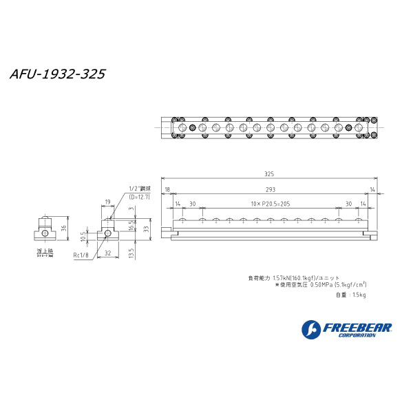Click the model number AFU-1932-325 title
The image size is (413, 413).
tap(58, 74)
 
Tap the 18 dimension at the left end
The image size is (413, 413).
tap(167, 189)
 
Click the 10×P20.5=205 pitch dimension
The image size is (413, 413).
tap(270, 204)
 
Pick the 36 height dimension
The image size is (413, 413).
tap(64, 229)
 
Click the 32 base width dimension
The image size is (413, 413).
tap(108, 253)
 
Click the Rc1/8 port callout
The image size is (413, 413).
tap(82, 255)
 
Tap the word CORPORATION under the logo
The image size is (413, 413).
tap(363, 335)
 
